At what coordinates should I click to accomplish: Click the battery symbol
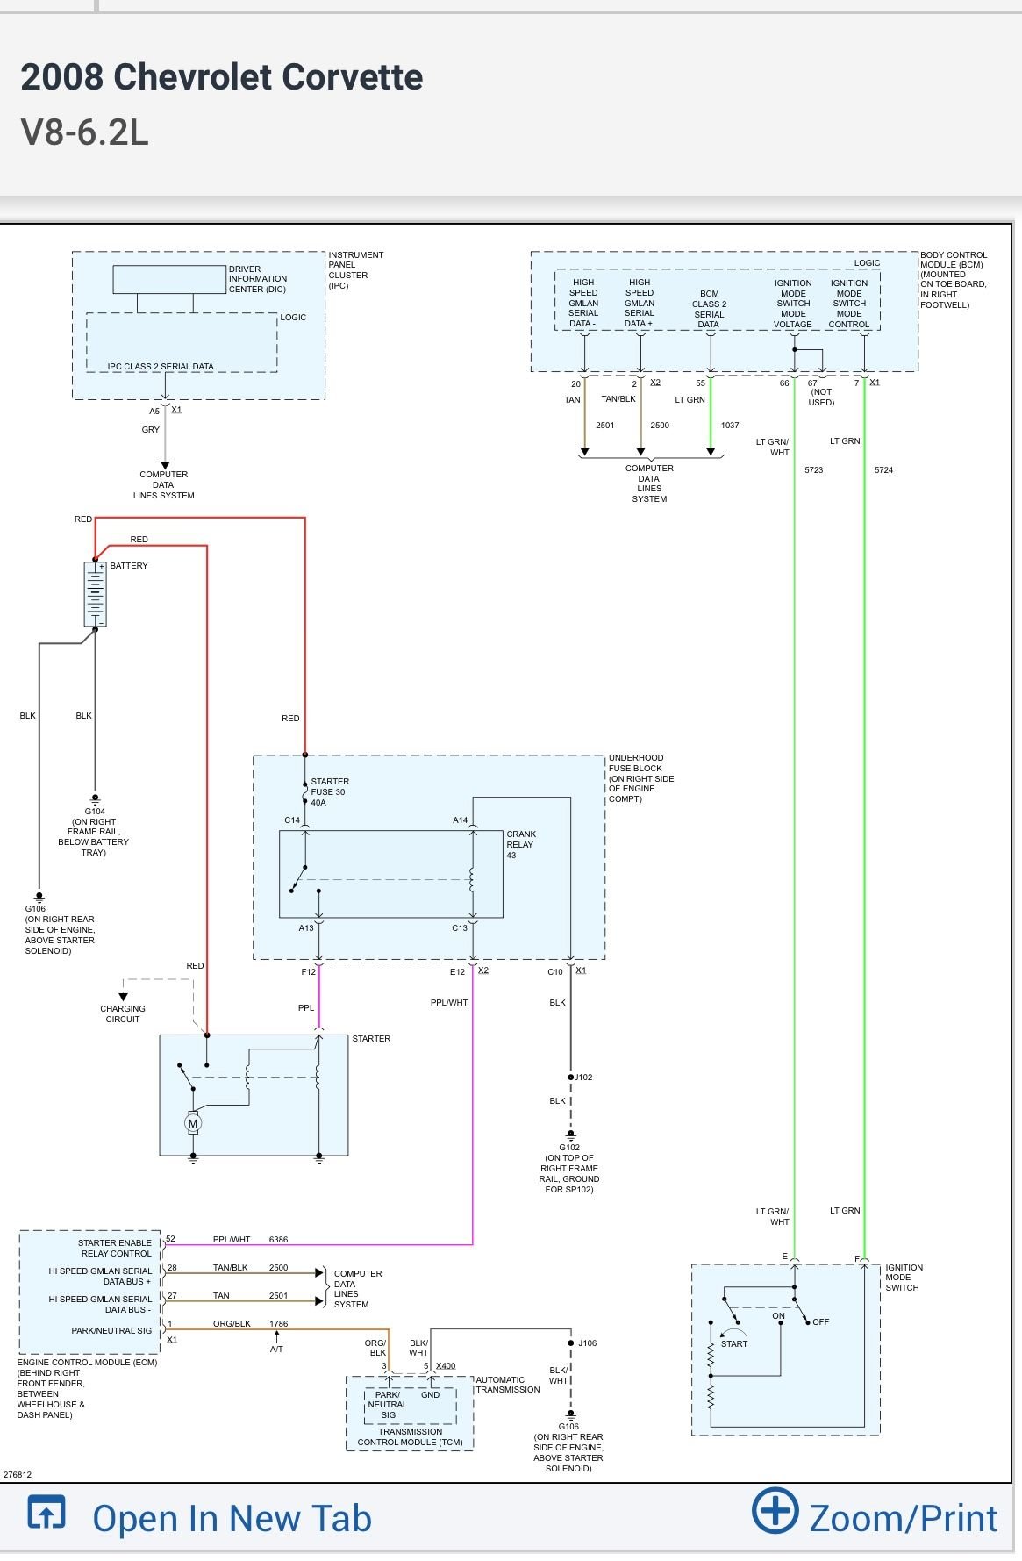[x=95, y=594]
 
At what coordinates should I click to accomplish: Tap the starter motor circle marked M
[x=193, y=1122]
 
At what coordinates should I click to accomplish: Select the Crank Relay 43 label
[x=521, y=844]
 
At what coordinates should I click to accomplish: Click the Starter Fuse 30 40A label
[x=330, y=791]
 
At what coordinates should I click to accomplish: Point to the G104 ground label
[x=95, y=812]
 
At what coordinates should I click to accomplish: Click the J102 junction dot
[x=571, y=1077]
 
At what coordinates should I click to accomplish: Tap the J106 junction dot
[x=571, y=1343]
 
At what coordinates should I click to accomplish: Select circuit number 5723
[x=814, y=470]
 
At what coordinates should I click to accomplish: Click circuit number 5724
[x=883, y=470]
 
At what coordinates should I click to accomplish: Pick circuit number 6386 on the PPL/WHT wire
[x=278, y=1239]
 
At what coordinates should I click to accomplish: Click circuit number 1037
[x=730, y=425]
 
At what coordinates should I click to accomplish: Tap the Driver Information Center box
[x=169, y=279]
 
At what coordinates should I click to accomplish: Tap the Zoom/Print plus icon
[x=775, y=1510]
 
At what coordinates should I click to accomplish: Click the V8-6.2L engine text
[x=84, y=132]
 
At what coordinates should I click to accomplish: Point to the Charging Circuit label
[x=123, y=1013]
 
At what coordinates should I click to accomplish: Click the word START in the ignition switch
[x=734, y=1343]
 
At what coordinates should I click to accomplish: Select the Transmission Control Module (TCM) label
[x=411, y=1436]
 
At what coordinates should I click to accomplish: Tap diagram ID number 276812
[x=18, y=1474]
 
